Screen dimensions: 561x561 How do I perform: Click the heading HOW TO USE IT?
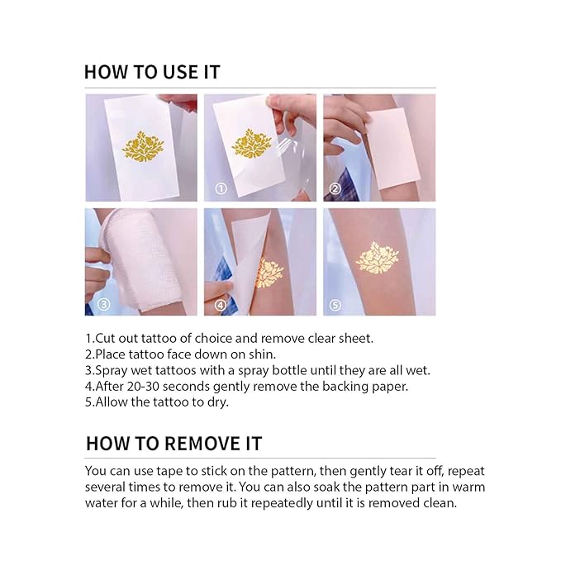tap(152, 72)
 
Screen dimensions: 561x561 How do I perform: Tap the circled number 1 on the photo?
tap(221, 188)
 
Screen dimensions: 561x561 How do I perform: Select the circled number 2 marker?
tap(335, 188)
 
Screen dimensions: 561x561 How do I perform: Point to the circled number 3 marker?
tap(103, 303)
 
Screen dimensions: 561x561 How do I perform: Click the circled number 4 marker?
tap(221, 303)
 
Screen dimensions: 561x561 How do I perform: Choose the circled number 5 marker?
tap(335, 303)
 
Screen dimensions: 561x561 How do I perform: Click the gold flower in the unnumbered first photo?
tap(142, 147)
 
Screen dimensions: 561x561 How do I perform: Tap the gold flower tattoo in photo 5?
tap(377, 258)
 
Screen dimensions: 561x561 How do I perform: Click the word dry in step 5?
tap(216, 402)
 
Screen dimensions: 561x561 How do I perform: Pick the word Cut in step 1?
tap(106, 339)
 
